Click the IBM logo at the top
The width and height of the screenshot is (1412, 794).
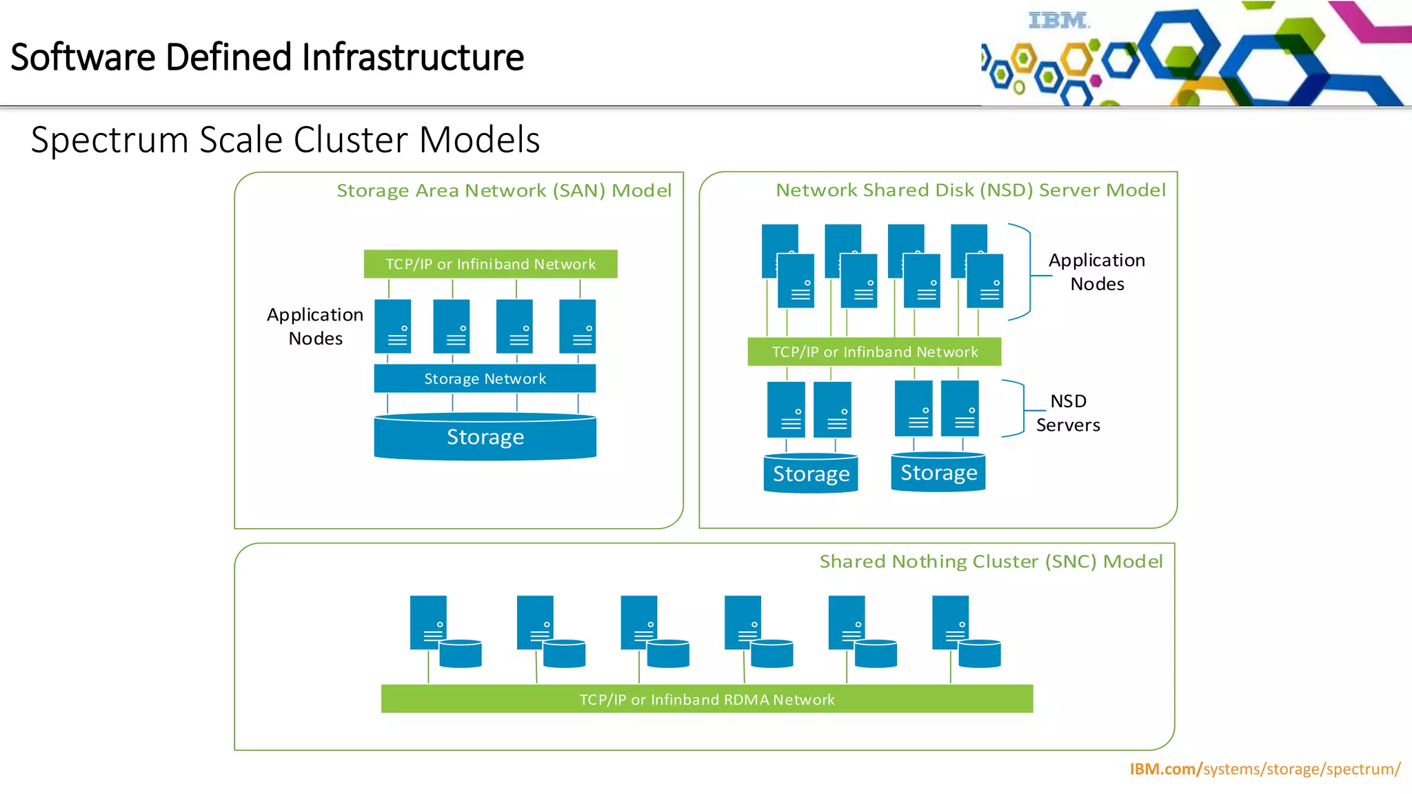pos(1058,21)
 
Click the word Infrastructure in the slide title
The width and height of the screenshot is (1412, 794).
pos(412,57)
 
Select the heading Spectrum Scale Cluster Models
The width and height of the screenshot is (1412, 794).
pos(285,140)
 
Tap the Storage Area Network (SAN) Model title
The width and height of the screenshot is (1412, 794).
pos(503,191)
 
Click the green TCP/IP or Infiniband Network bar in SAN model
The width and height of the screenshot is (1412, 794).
pos(490,264)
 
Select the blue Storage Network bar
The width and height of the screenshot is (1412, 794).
pos(485,378)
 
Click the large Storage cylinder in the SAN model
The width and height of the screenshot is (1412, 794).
pos(485,437)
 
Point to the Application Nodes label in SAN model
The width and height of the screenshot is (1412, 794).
pos(315,326)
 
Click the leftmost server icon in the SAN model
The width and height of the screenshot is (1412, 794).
pos(393,326)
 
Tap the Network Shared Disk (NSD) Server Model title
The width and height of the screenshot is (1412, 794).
pos(970,190)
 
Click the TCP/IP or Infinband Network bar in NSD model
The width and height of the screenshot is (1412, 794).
pos(874,352)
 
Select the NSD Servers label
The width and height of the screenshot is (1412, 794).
pos(1068,413)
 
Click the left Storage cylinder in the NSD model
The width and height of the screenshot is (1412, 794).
pos(811,474)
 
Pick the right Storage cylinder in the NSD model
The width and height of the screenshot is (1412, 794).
pos(938,472)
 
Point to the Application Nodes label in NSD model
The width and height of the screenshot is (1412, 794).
pos(1096,272)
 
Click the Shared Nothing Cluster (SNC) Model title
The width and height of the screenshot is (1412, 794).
pos(991,562)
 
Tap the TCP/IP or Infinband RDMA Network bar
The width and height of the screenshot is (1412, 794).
pos(707,699)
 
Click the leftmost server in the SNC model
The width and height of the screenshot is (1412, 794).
pos(427,622)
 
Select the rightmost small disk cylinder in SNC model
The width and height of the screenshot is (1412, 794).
pos(979,653)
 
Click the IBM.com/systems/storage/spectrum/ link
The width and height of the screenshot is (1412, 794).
pos(1264,769)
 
